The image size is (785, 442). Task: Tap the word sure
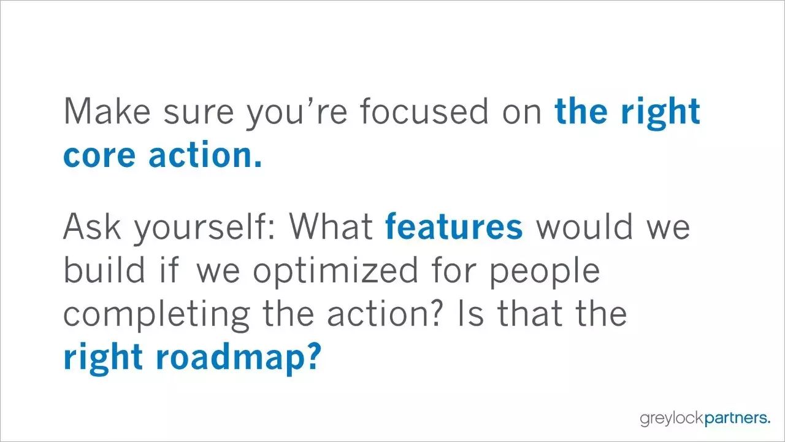[x=198, y=114]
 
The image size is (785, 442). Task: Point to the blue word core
[x=99, y=156]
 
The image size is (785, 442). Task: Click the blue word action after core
[x=205, y=153]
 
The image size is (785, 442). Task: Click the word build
[x=104, y=269]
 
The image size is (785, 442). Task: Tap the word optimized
[x=335, y=271]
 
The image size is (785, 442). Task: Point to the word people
[x=545, y=271]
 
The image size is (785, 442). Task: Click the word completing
[x=156, y=315]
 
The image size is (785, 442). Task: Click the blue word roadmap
[x=239, y=359]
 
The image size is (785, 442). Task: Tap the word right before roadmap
[x=103, y=359]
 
